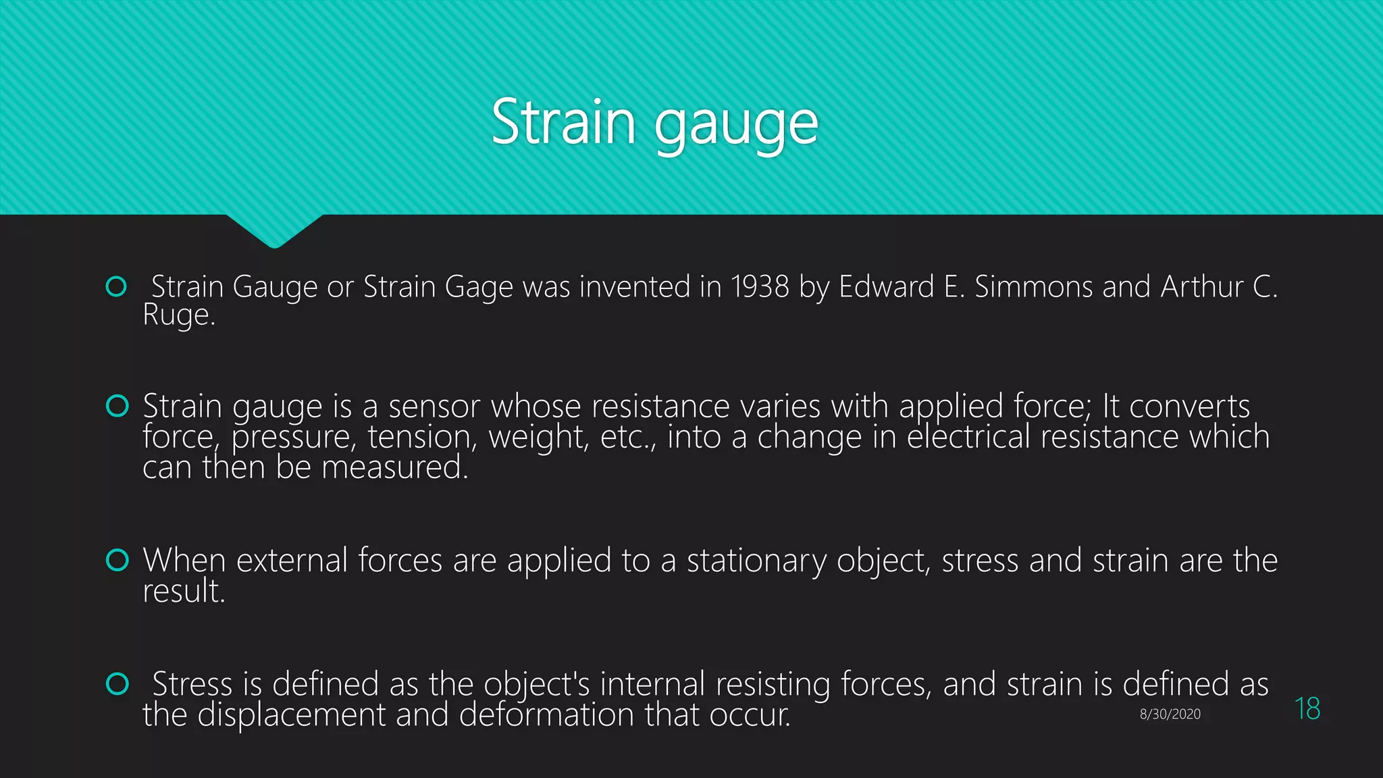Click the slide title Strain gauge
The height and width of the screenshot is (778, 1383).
[x=654, y=122]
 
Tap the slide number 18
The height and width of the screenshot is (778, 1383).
[x=1307, y=708]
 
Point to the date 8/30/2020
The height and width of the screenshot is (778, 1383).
[x=1170, y=714]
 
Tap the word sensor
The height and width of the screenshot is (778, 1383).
[x=434, y=407]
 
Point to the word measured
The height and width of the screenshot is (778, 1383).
[x=394, y=467]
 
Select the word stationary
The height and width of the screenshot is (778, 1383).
[x=756, y=561]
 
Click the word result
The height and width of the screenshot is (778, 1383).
[x=183, y=592]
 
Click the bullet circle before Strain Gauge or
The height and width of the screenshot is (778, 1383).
[x=117, y=287]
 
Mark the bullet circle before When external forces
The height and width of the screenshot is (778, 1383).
[x=118, y=560]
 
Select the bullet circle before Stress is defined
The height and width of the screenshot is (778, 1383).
[x=118, y=684]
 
